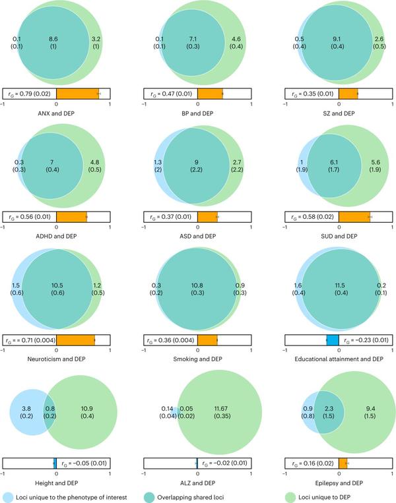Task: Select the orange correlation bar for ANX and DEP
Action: [77, 94]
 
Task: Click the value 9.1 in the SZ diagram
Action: [337, 40]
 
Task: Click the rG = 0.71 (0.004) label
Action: [29, 340]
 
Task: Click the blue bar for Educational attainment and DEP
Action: [333, 340]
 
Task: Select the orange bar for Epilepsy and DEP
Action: [343, 463]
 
